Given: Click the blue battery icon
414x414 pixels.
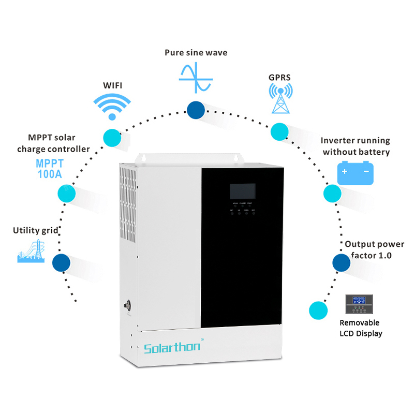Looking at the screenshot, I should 356,173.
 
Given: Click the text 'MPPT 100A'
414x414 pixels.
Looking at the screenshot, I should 50,169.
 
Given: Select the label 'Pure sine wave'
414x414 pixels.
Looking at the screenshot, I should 196,53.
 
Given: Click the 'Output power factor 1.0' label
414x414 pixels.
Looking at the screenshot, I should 368,249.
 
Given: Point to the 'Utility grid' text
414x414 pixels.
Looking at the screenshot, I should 36,230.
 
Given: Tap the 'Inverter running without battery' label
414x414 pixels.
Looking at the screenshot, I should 355,146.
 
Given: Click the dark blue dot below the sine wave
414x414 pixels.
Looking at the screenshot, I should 196,110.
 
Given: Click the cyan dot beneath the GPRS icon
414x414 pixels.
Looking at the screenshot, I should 279,131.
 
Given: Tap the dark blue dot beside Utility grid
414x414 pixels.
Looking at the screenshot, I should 61,262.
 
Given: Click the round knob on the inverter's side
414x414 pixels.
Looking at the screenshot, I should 127,305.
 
